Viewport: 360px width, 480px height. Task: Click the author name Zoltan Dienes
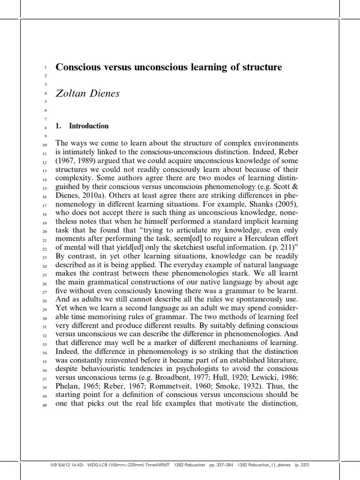click(88, 93)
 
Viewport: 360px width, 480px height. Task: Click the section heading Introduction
click(89, 126)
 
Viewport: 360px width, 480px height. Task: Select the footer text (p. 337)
click(301, 465)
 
